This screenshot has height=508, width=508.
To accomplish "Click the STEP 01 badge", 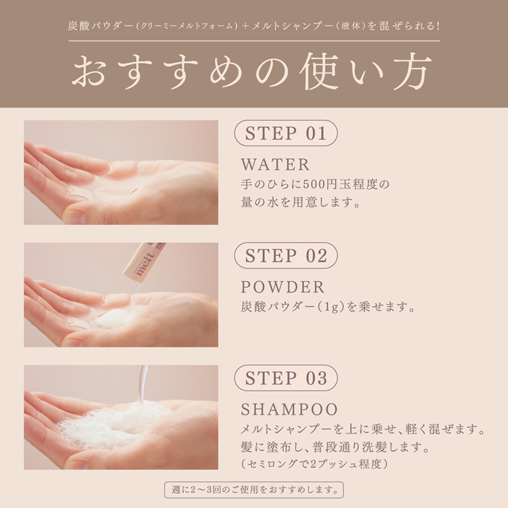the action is tap(286, 133).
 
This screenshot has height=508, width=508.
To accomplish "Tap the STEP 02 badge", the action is tap(286, 255).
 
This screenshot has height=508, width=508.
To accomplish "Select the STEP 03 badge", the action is tap(286, 378).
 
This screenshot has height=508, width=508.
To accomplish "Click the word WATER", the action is tap(275, 165).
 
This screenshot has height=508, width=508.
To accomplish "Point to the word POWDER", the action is tap(282, 287).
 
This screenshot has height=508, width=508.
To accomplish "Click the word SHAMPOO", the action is tap(289, 409).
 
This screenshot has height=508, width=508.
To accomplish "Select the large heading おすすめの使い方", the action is tap(252, 72).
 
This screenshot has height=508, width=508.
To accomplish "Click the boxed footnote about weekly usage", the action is tap(254, 490).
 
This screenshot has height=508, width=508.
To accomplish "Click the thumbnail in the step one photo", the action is tap(75, 216).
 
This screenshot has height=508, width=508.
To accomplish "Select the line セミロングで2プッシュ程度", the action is tap(314, 464).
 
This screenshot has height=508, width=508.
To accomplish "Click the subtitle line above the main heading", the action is tap(254, 26).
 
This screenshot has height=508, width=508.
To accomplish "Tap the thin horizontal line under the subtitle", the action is tap(254, 41).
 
